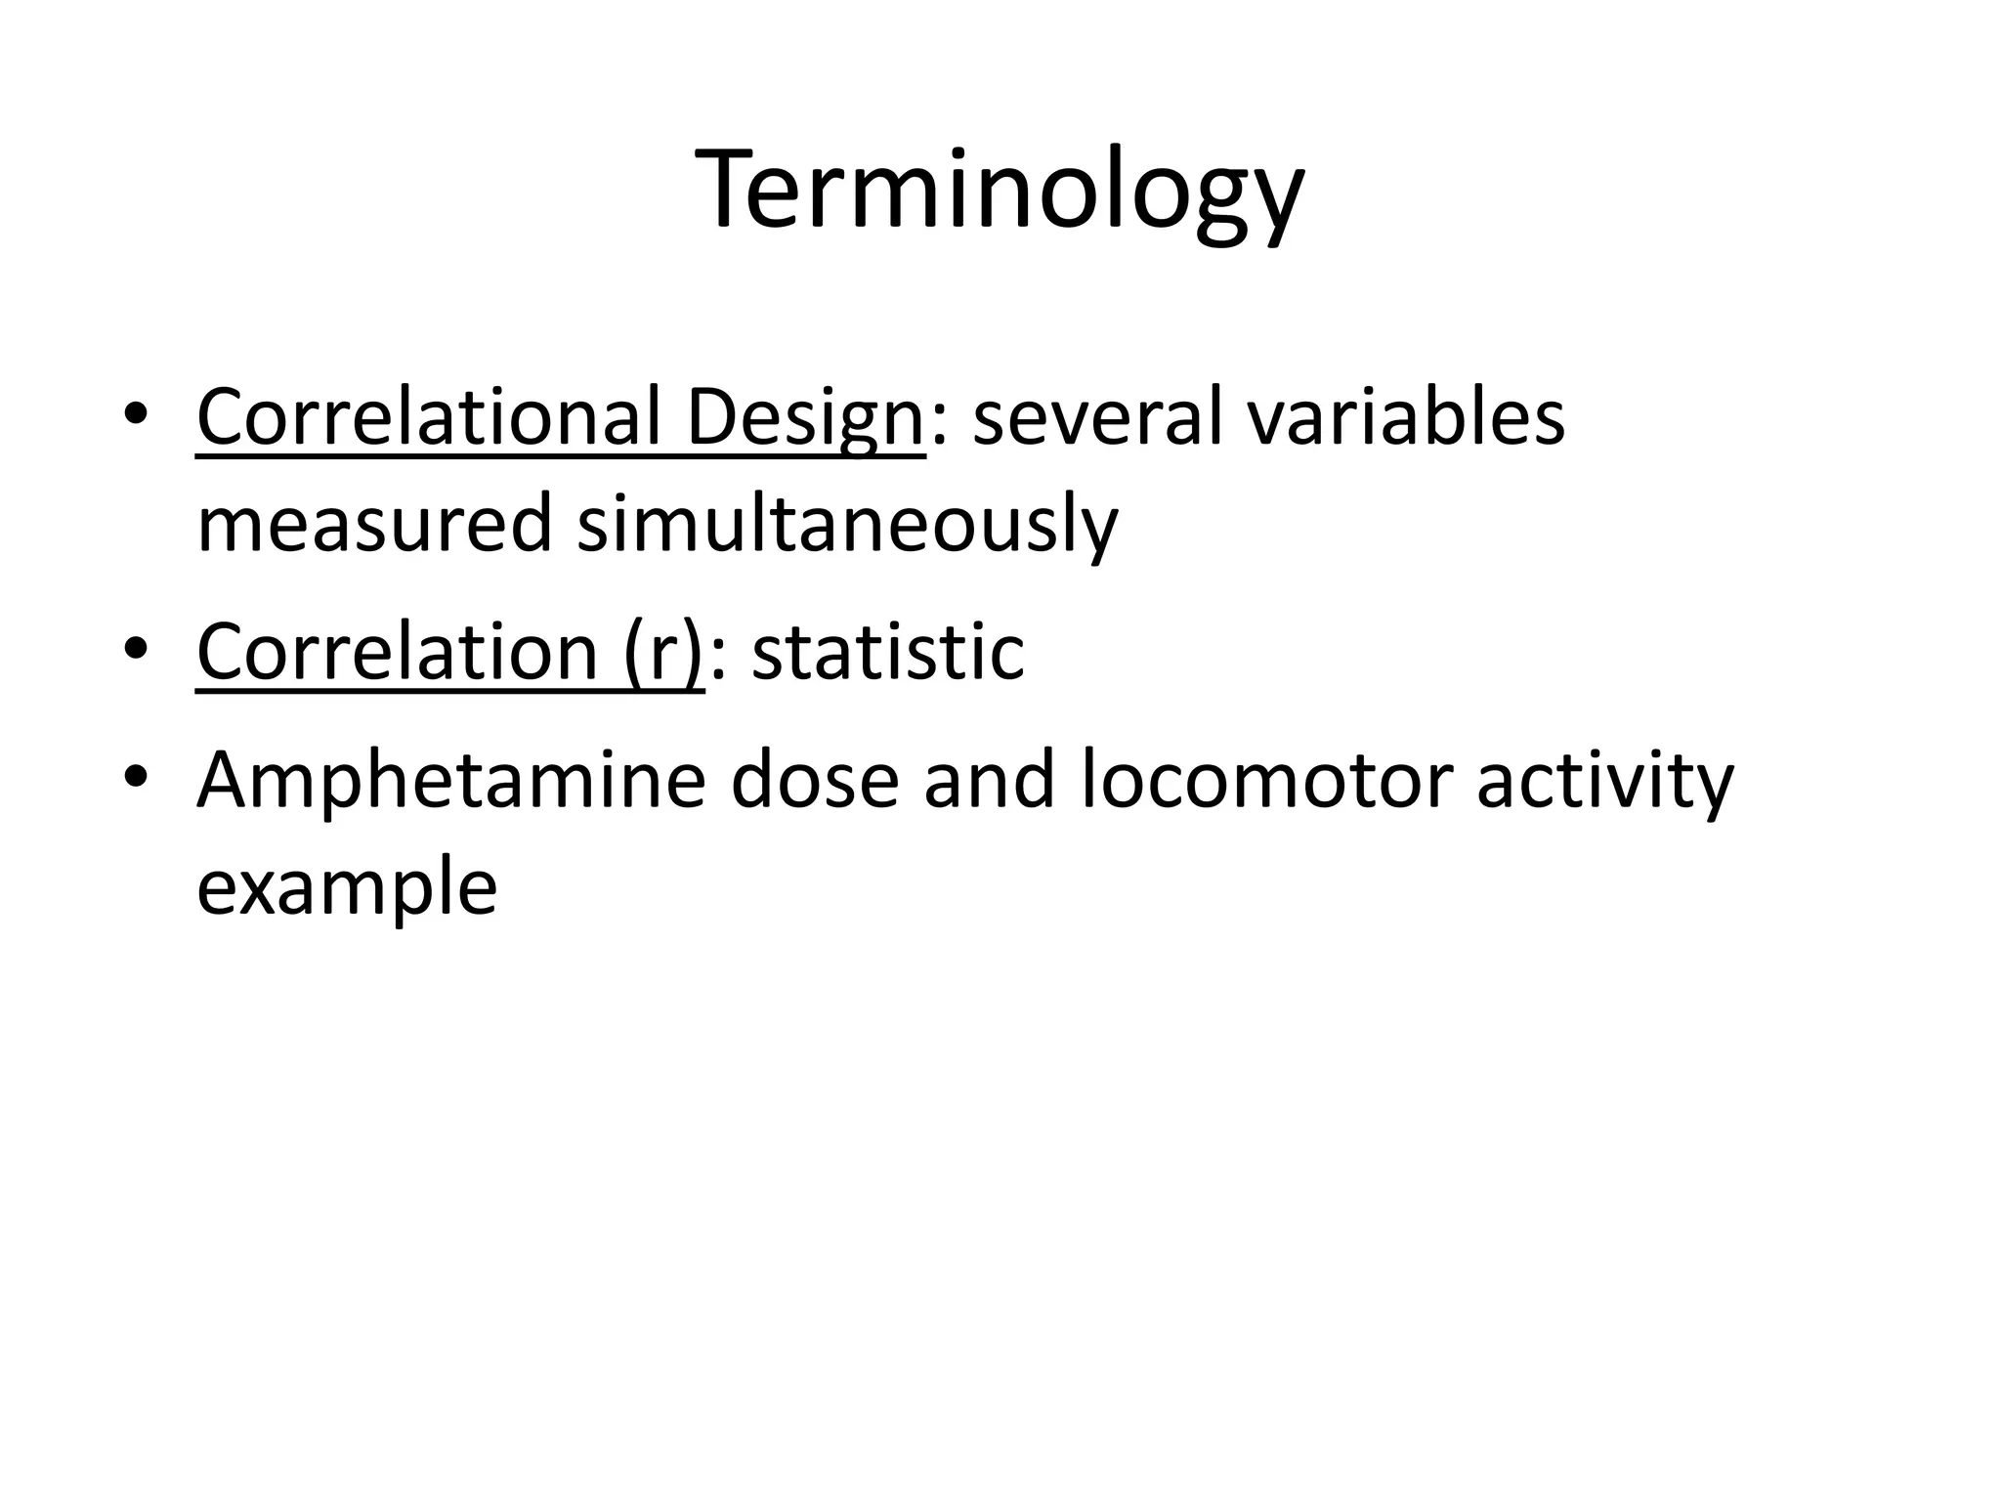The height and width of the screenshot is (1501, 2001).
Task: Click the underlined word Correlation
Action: point(397,652)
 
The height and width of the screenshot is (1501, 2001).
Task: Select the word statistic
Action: point(888,652)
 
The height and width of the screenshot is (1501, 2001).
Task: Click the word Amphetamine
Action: point(450,782)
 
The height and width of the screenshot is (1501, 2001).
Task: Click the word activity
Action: point(1604,782)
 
